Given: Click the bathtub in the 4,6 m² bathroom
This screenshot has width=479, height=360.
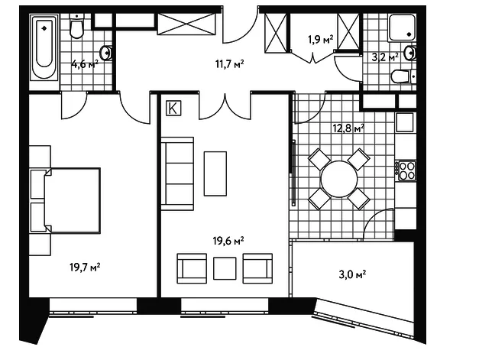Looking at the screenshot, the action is [x=44, y=47].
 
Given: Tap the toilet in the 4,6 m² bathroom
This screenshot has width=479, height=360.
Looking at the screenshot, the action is [x=76, y=26].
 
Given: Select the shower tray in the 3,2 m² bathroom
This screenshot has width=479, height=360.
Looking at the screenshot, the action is [x=402, y=28].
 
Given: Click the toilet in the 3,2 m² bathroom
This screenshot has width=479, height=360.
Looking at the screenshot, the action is [x=403, y=76].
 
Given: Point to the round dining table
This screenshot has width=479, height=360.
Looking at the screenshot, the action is [x=338, y=179].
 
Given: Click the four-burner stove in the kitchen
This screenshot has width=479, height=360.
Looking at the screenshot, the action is [x=406, y=171].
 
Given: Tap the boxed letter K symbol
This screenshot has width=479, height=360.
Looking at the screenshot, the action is [x=173, y=109].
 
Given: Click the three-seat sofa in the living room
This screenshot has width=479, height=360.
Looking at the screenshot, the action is [x=177, y=174].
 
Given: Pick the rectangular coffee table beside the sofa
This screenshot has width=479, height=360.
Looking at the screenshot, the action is [x=215, y=174].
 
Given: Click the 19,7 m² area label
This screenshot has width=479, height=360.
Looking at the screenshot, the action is [x=85, y=268].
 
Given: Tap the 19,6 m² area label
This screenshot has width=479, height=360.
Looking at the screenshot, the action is [x=228, y=241].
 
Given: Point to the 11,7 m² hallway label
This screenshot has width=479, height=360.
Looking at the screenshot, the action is [x=230, y=64].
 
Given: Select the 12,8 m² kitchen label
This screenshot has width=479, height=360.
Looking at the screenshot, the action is [x=348, y=128].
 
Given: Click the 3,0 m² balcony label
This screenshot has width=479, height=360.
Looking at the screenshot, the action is [x=352, y=274].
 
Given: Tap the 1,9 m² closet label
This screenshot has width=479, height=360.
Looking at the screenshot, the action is [x=320, y=39].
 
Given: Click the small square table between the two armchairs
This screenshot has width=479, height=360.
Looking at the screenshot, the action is [x=225, y=268].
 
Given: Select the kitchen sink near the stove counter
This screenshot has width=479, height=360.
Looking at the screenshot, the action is [x=404, y=122].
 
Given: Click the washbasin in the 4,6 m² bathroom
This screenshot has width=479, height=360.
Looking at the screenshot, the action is [x=106, y=54].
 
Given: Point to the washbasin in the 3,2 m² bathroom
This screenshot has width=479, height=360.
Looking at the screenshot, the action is [x=410, y=54].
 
